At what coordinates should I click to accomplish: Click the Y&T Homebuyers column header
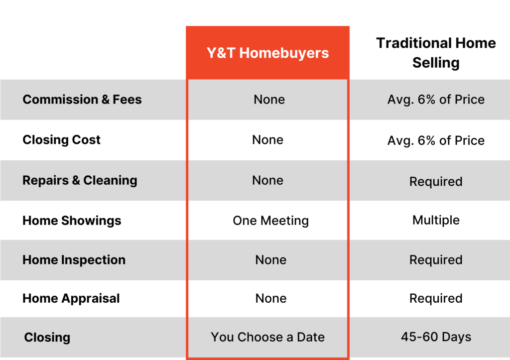point(267,53)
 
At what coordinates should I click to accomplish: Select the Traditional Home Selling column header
point(436,53)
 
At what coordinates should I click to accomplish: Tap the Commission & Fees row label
point(82,100)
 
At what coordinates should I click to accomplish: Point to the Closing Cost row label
point(61,140)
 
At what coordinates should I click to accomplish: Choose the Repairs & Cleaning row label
point(80,180)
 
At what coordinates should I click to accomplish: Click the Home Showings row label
point(72,221)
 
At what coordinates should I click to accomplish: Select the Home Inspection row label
point(74,260)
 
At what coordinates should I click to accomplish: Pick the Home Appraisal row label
point(71,298)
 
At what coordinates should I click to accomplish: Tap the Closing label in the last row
point(47,337)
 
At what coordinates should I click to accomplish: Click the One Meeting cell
point(270,221)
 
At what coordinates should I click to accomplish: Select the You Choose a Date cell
point(267,337)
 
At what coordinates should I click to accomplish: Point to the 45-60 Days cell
point(436,337)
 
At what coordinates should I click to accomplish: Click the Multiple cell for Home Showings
point(436,220)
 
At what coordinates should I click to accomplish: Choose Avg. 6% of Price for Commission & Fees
point(436,100)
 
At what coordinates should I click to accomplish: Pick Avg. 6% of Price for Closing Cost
point(436,140)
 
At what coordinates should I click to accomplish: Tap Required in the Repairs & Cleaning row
point(436,181)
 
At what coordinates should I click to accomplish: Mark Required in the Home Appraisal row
point(436,298)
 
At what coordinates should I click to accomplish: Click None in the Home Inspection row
point(270,260)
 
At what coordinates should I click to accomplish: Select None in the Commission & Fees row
point(269,100)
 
